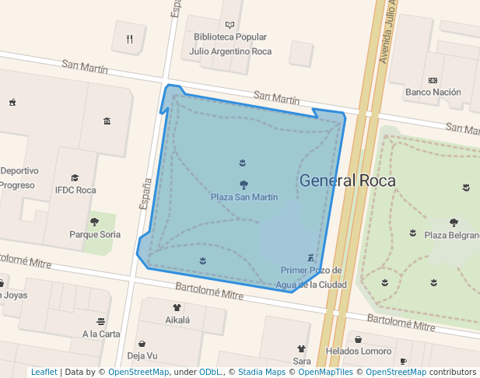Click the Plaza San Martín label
pos(244,197)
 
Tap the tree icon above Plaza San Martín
pos(244,185)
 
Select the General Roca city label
pos(347,181)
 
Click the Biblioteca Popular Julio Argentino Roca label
pos(230,44)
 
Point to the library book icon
pos(230,25)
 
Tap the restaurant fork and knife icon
pos(130,39)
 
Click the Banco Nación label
pos(433,92)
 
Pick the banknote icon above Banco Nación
pos(433,80)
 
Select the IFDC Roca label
pos(75,190)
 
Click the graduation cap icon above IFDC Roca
pos(75,178)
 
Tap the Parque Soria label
pos(95,234)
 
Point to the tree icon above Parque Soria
pos(95,222)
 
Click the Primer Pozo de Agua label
pos(311,277)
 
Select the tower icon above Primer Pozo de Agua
pos(311,257)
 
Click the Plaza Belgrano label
pos(451,235)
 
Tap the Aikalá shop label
pos(177,319)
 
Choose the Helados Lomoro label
pos(359,351)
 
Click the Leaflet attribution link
pos(44,373)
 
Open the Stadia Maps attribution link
pos(261,373)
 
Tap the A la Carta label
pos(101,334)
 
